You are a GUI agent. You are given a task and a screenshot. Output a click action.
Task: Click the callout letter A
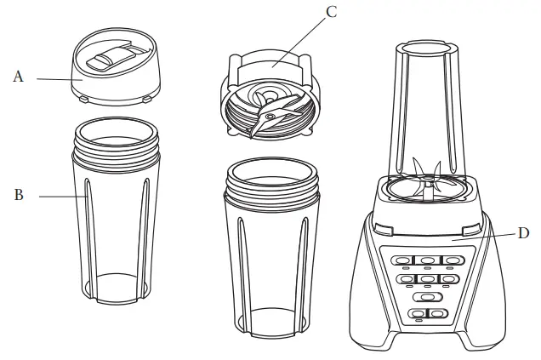(18, 77)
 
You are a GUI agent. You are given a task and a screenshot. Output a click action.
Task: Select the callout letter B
(18, 195)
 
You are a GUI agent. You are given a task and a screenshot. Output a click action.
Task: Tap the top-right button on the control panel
(449, 261)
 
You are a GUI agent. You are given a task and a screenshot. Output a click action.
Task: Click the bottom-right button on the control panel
(436, 315)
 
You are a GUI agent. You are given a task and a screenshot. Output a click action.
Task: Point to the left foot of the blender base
(370, 340)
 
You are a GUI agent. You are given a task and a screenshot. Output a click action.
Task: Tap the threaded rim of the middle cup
(272, 184)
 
